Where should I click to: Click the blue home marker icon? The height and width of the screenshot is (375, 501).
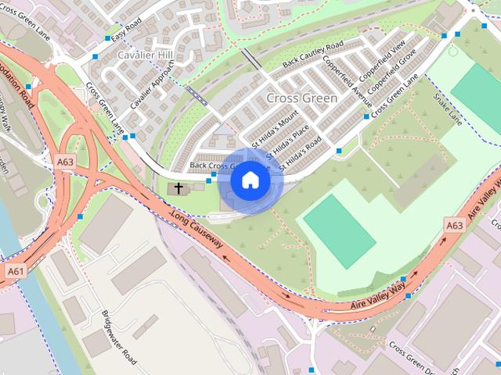click(250, 180)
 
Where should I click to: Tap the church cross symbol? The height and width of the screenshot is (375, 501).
click(178, 188)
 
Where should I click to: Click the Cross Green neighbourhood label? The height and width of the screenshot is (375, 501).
click(301, 98)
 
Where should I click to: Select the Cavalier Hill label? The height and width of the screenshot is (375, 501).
click(144, 55)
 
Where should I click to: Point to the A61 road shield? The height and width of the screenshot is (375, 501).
click(14, 270)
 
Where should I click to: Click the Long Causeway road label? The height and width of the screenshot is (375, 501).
click(196, 231)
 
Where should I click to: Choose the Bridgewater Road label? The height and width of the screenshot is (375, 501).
click(119, 337)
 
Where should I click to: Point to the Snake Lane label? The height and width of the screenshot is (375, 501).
click(447, 109)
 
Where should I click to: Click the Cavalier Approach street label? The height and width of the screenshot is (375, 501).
click(153, 86)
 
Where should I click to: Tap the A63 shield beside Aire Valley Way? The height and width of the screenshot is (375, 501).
click(454, 225)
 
